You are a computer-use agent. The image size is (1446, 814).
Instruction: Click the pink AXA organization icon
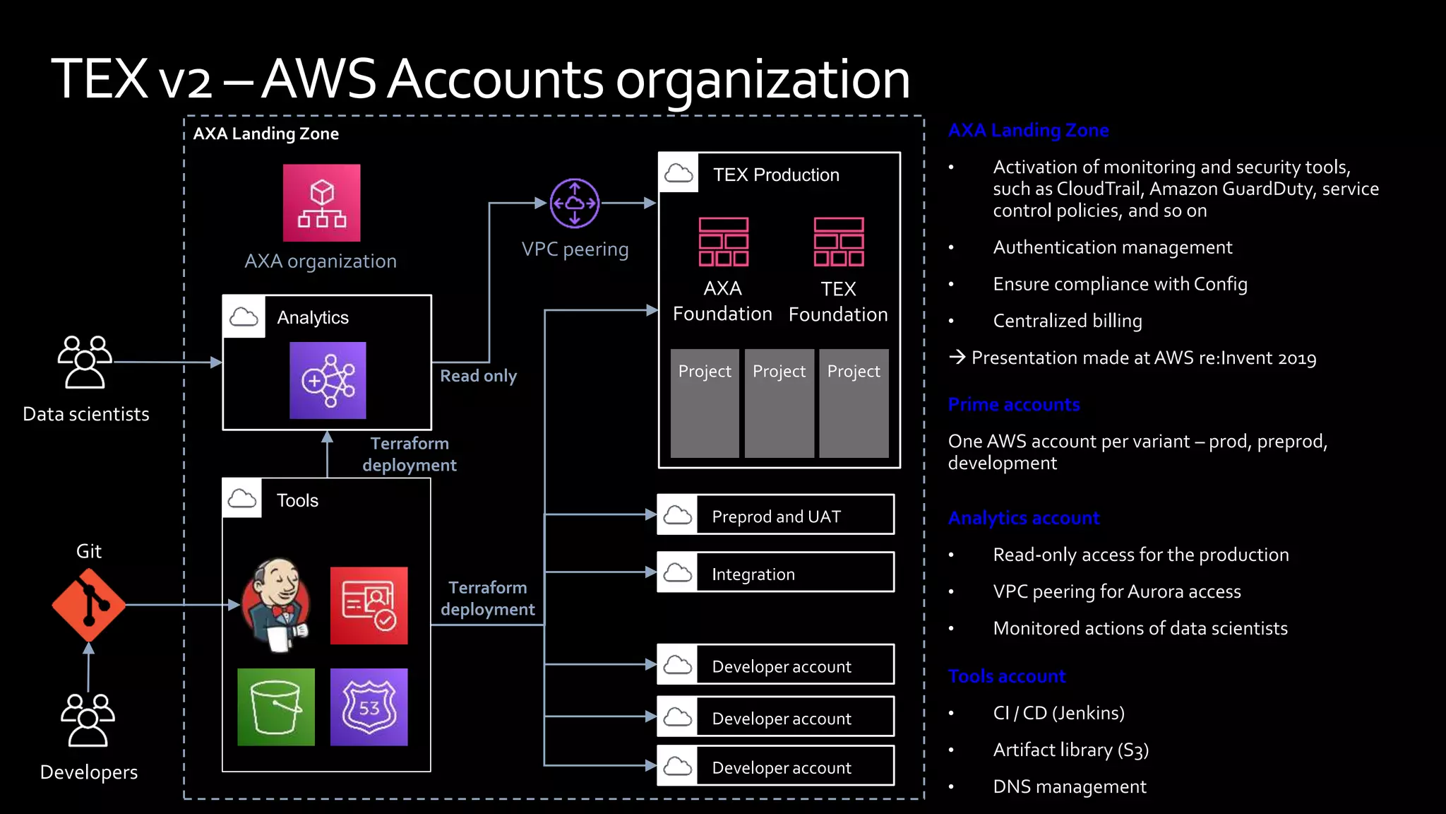[321, 203]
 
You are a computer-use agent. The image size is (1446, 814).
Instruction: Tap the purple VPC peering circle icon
[575, 203]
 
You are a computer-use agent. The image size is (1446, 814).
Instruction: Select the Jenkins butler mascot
[276, 605]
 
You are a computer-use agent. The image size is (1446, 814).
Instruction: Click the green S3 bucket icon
[276, 707]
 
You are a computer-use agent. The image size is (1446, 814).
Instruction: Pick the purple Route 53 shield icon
[369, 707]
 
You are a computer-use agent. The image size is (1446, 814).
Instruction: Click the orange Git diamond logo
[89, 605]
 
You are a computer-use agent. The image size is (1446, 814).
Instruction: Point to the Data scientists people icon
[85, 362]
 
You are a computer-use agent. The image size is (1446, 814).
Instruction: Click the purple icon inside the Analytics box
[328, 380]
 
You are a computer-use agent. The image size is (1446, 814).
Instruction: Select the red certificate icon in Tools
[369, 606]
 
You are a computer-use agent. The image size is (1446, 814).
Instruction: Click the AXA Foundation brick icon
[723, 242]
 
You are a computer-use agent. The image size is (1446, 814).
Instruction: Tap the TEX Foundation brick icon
[838, 242]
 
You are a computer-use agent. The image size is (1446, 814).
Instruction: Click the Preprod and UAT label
[776, 517]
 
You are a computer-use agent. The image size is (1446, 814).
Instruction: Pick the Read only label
[478, 376]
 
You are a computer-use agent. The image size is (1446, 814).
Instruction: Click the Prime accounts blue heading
[1013, 405]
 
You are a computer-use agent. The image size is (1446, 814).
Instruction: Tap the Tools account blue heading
[1006, 676]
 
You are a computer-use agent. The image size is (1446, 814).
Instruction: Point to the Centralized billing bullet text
[1067, 321]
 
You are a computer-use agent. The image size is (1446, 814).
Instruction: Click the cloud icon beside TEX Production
[679, 173]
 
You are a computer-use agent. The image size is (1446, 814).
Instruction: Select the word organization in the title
[763, 79]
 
